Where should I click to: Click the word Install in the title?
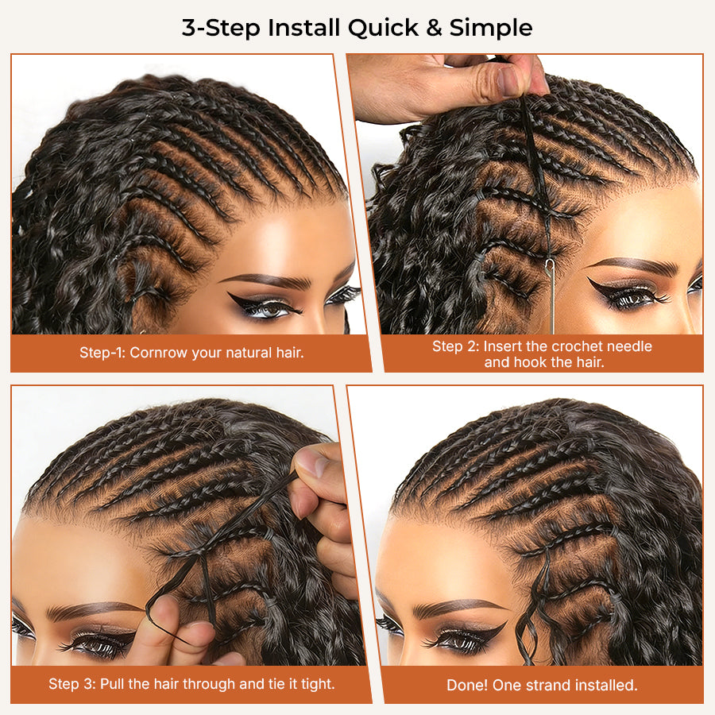coord(303,28)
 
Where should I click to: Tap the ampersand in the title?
coord(434,28)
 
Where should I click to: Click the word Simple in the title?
coord(491,29)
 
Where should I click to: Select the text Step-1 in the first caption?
coord(102,353)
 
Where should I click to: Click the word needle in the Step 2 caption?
coord(630,346)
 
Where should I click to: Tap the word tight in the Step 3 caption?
coord(317,684)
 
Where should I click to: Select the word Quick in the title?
coord(384,29)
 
